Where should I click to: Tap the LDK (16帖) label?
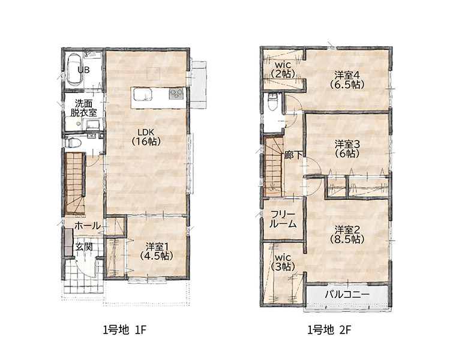point(146,137)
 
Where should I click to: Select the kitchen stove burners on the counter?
point(176,94)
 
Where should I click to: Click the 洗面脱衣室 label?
point(84,108)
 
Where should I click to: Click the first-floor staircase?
point(75,183)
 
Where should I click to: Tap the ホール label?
point(87,226)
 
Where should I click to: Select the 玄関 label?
point(84,247)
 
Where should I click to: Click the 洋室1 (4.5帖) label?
point(157,251)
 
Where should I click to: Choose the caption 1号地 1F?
point(125,330)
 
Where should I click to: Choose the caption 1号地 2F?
point(329,330)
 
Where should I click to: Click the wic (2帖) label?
point(283,69)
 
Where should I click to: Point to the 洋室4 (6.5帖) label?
point(347,80)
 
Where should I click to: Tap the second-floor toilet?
point(272,101)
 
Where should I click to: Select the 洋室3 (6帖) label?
point(347,149)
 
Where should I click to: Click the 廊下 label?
point(293,155)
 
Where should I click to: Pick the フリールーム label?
point(283,219)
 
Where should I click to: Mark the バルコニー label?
point(347,295)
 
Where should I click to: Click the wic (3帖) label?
point(283,262)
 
